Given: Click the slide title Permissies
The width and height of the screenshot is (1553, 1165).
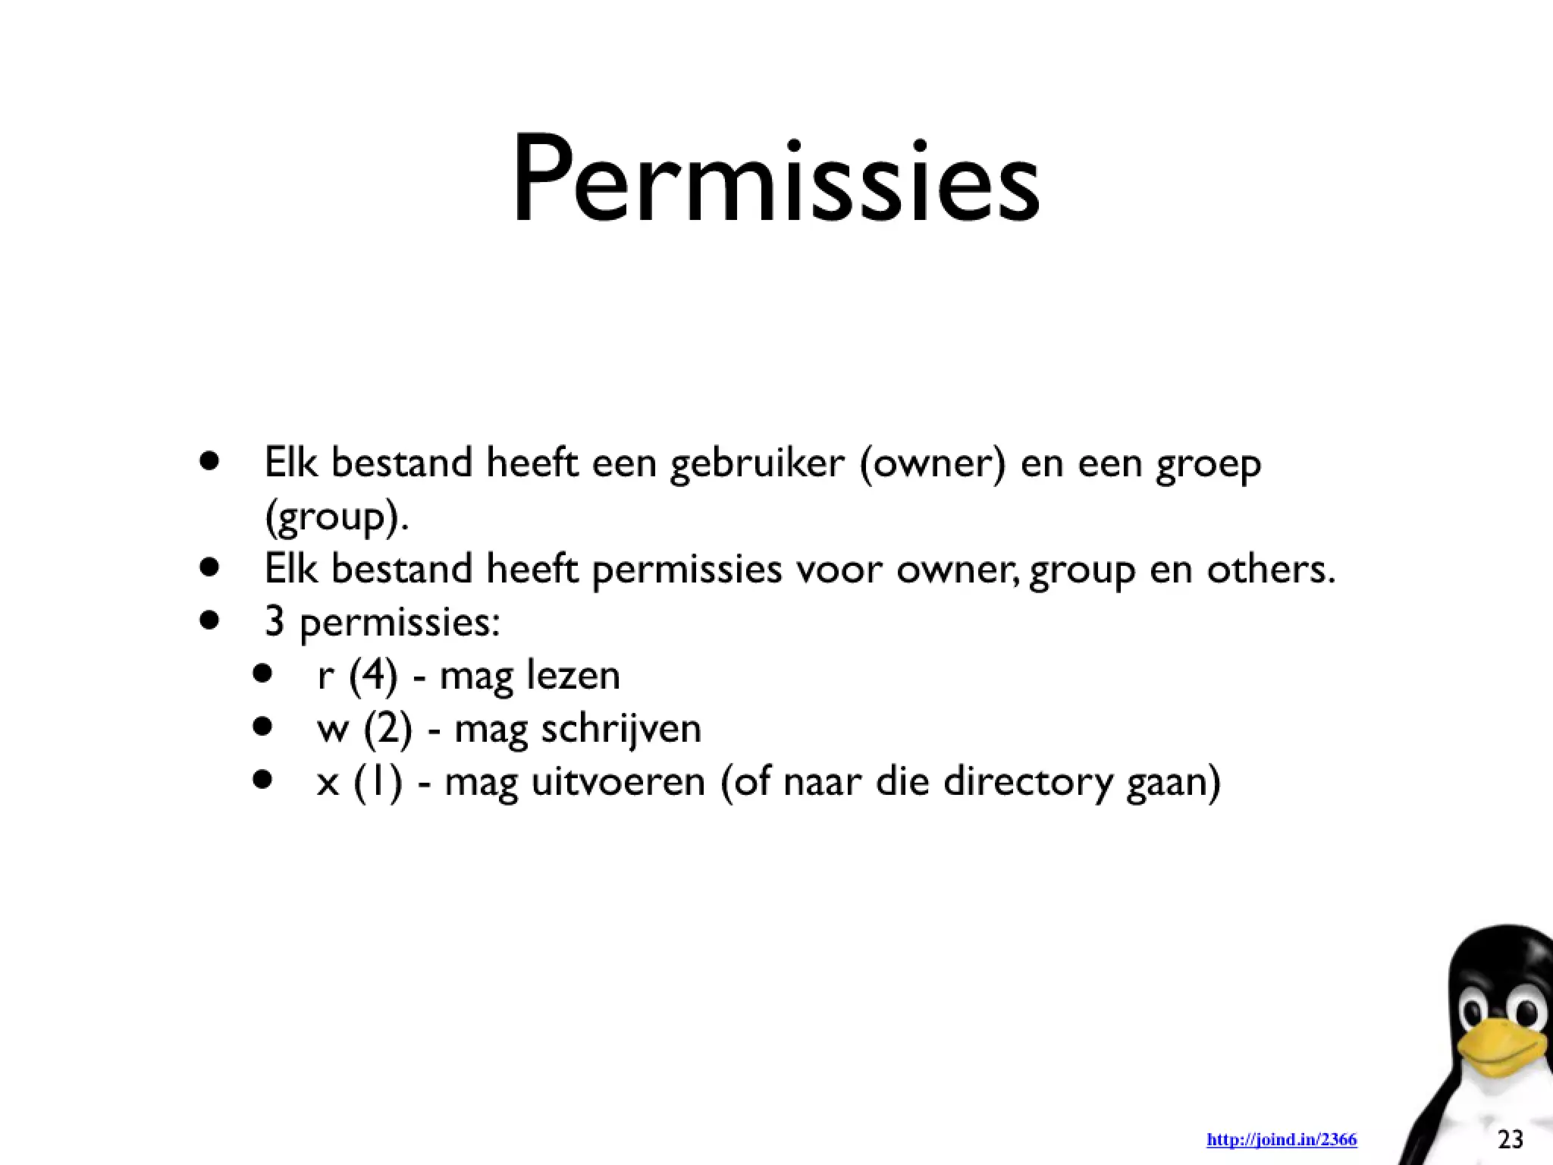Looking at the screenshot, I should click(x=776, y=181).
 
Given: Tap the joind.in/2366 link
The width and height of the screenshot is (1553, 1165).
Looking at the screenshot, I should click(x=1282, y=1139).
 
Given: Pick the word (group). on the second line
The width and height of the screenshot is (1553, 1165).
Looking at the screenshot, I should click(x=337, y=517).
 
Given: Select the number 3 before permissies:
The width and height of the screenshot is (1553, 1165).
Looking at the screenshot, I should click(x=275, y=622).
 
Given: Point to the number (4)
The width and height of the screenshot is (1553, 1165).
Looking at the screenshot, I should click(x=373, y=675).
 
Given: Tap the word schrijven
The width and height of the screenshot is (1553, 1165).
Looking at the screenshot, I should click(x=621, y=729).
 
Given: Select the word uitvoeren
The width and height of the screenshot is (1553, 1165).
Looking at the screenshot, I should click(x=617, y=781).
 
